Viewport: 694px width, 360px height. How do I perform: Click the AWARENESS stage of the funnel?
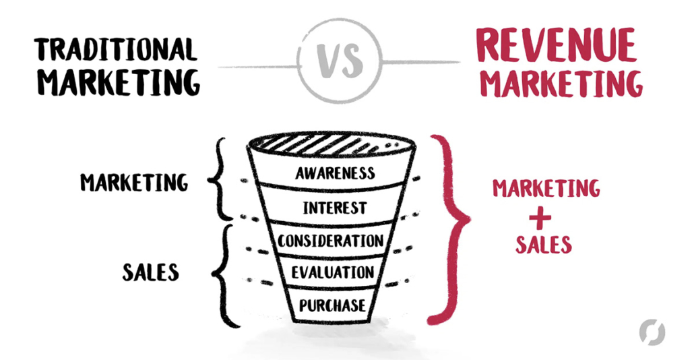335,173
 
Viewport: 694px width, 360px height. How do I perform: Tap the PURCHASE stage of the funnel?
333,304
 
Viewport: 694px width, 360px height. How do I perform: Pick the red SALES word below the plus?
544,245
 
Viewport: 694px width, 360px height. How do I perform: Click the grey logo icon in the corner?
652,332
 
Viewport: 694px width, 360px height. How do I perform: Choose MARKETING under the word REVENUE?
561,84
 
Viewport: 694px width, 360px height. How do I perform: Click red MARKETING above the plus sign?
546,188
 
